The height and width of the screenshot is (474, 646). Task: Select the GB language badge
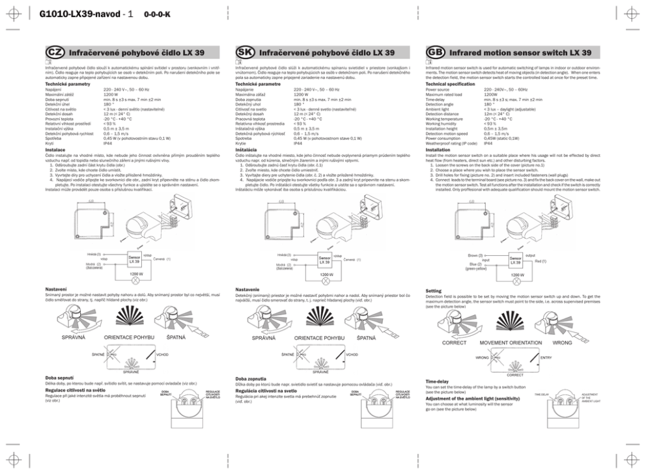click(434, 51)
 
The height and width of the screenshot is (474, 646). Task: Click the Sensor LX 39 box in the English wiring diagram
click(515, 260)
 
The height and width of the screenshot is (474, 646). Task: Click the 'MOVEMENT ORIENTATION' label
click(511, 342)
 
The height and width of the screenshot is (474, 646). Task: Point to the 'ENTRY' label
click(546, 357)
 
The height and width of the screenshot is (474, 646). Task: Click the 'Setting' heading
click(433, 290)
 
